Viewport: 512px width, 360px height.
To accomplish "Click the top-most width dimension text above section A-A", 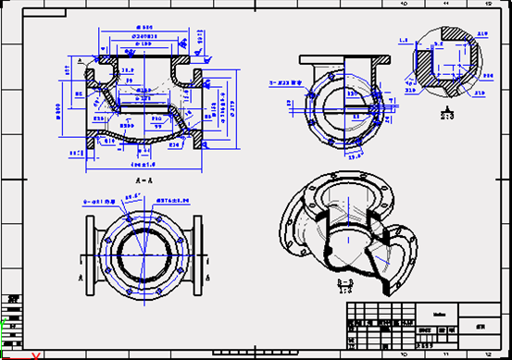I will pos(144,28).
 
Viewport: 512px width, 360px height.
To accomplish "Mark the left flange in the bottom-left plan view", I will pos(89,251).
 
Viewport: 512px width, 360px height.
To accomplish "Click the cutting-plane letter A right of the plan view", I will pos(211,276).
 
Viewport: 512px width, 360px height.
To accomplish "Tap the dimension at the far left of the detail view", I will pos(404,41).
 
